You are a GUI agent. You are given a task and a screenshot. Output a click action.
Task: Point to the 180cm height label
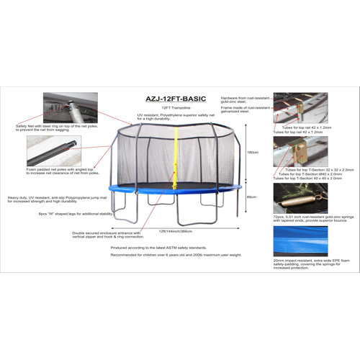tap(251, 152)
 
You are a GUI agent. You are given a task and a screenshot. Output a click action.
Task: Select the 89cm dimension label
tap(251, 197)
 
